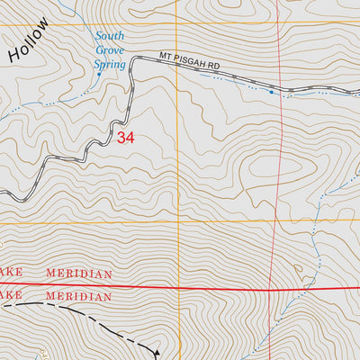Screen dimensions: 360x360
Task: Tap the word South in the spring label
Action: pyautogui.click(x=111, y=36)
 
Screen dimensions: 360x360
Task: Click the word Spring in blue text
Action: pyautogui.click(x=112, y=64)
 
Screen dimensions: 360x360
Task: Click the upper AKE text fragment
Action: pyautogui.click(x=11, y=274)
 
